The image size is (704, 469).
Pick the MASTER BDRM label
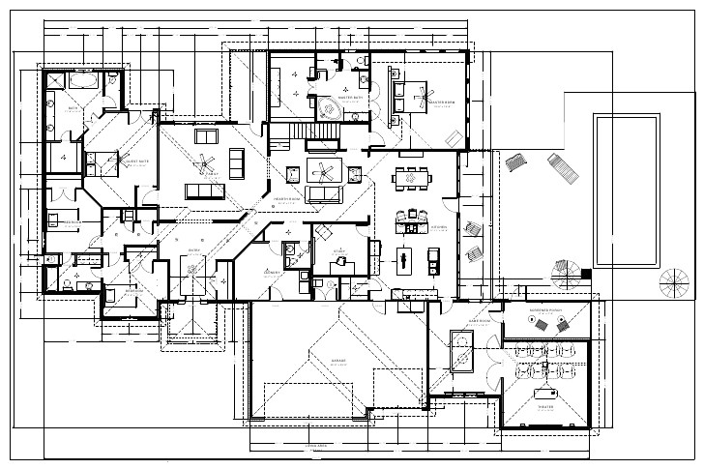[442, 100]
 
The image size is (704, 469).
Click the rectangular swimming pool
[626, 191]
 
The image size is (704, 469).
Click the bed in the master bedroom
[412, 95]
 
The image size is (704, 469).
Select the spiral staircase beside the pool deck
[564, 273]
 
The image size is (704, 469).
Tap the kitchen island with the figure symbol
[404, 258]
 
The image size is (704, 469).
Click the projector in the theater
[545, 391]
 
